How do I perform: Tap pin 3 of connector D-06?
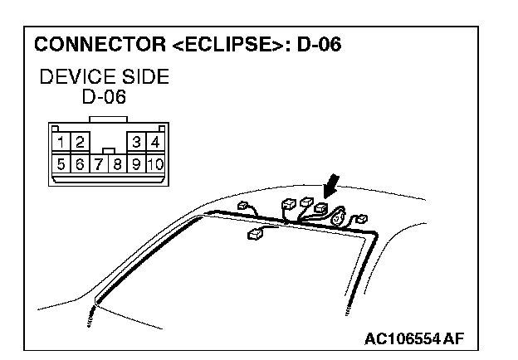[x=139, y=142]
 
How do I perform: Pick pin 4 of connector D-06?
[x=154, y=142]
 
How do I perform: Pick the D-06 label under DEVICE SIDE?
[x=104, y=98]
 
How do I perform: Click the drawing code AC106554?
[x=402, y=338]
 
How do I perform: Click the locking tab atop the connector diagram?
[x=106, y=121]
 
